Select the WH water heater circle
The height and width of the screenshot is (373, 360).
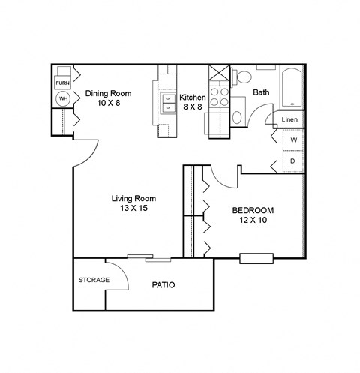63,99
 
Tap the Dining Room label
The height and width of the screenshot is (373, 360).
108,94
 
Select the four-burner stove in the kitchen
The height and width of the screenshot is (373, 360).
218,95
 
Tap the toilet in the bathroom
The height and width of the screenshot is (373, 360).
244,77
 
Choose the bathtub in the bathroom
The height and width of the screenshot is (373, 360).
292,89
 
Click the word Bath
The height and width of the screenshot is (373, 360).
261,93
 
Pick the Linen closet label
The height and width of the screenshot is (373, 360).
290,120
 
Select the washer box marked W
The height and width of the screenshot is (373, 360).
293,140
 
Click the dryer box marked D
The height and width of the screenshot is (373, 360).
293,161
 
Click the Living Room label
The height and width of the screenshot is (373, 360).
129,198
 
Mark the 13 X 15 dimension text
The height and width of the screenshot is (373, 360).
129,209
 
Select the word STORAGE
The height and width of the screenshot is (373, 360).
94,280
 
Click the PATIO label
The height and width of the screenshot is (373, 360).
163,285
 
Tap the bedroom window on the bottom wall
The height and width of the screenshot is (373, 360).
256,259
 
